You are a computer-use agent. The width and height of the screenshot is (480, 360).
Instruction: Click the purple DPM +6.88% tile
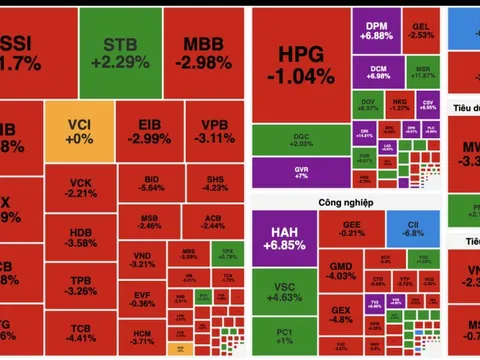[378, 30]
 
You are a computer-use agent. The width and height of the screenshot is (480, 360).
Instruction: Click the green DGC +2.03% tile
[301, 139]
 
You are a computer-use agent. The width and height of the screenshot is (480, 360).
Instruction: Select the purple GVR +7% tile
[301, 172]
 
